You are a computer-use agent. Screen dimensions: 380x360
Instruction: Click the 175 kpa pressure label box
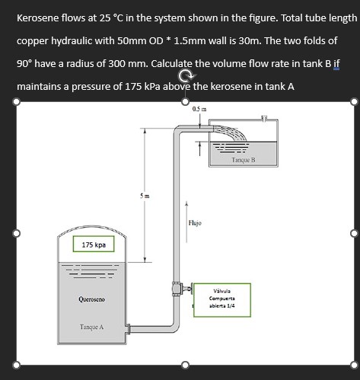point(94,245)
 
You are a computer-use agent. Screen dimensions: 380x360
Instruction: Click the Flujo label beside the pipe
point(194,223)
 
